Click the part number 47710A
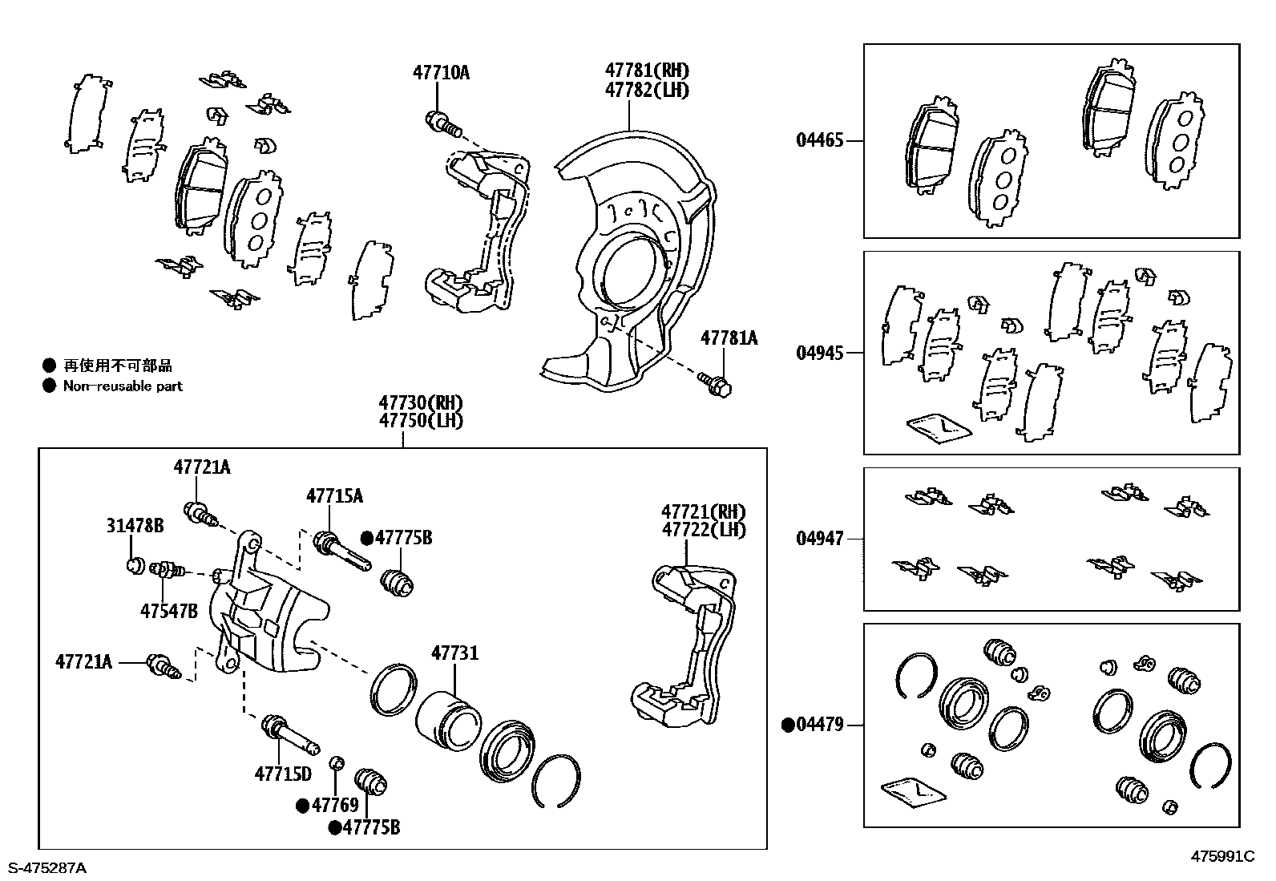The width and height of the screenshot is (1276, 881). pyautogui.click(x=441, y=73)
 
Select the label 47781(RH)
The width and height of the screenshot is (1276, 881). pyautogui.click(x=647, y=71)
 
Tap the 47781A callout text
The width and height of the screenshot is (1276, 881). pyautogui.click(x=729, y=338)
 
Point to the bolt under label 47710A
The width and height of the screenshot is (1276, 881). pyautogui.click(x=443, y=124)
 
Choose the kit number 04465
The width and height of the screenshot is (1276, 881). pyautogui.click(x=819, y=141)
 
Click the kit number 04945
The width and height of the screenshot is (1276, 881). pyautogui.click(x=819, y=354)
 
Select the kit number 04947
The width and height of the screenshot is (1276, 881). pyautogui.click(x=819, y=539)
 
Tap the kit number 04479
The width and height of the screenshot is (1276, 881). pyautogui.click(x=819, y=725)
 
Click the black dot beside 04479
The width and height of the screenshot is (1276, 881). pyautogui.click(x=788, y=725)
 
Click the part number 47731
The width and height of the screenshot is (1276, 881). pyautogui.click(x=454, y=653)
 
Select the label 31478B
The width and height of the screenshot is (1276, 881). pyautogui.click(x=135, y=526)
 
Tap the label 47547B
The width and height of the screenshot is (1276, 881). pyautogui.click(x=168, y=612)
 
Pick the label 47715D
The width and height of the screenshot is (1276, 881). pyautogui.click(x=282, y=774)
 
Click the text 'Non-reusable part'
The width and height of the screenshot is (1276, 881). pyautogui.click(x=123, y=386)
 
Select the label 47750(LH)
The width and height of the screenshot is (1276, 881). pyautogui.click(x=421, y=420)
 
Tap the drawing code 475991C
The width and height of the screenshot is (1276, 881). pyautogui.click(x=1222, y=856)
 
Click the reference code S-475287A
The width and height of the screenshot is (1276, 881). pyautogui.click(x=46, y=867)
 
